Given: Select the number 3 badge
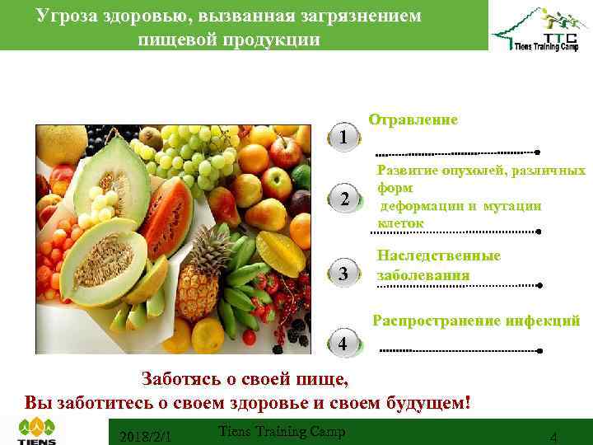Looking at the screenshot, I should pyautogui.click(x=343, y=274).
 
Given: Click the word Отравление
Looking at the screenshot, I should pyautogui.click(x=413, y=119).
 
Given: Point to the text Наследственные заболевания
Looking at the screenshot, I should pyautogui.click(x=438, y=265).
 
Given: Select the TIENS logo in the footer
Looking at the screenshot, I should pyautogui.click(x=36, y=430).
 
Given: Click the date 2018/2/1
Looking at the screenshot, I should pyautogui.click(x=145, y=435).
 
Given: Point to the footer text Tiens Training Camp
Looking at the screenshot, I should pyautogui.click(x=282, y=431).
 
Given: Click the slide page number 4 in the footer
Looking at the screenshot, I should pyautogui.click(x=553, y=437).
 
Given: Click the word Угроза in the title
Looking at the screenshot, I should pyautogui.click(x=68, y=16).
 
